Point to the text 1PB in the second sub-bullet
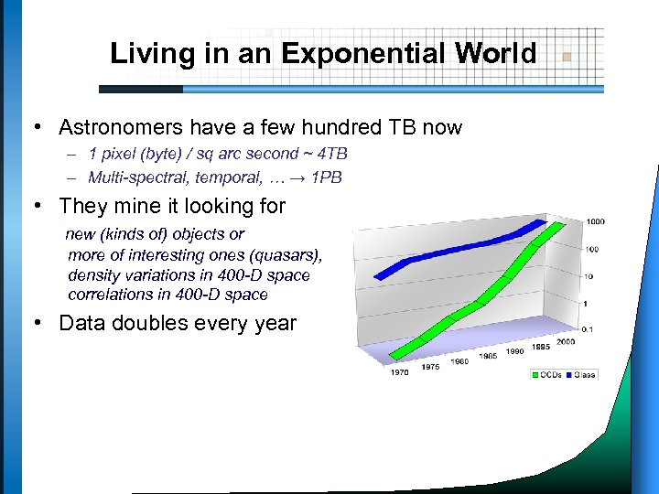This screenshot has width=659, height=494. (x=326, y=177)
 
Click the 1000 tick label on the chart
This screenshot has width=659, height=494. (x=596, y=221)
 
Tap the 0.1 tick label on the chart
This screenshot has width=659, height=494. (x=587, y=328)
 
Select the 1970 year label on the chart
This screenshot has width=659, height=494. (x=399, y=372)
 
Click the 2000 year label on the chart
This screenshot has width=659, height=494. (x=565, y=341)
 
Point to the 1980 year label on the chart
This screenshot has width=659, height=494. (x=459, y=361)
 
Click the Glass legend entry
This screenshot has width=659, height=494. (x=585, y=374)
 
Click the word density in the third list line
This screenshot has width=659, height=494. (x=92, y=275)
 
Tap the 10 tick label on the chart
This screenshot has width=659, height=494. (x=588, y=275)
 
